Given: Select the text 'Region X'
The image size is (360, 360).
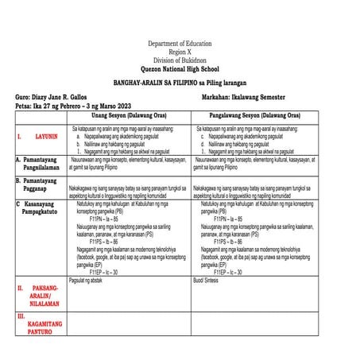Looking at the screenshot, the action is (180, 52).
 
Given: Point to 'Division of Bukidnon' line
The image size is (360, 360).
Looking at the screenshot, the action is (180, 60).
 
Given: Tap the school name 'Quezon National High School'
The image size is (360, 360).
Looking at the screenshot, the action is (180, 68).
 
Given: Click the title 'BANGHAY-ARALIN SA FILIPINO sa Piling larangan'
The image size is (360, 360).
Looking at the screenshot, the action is (180, 83).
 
